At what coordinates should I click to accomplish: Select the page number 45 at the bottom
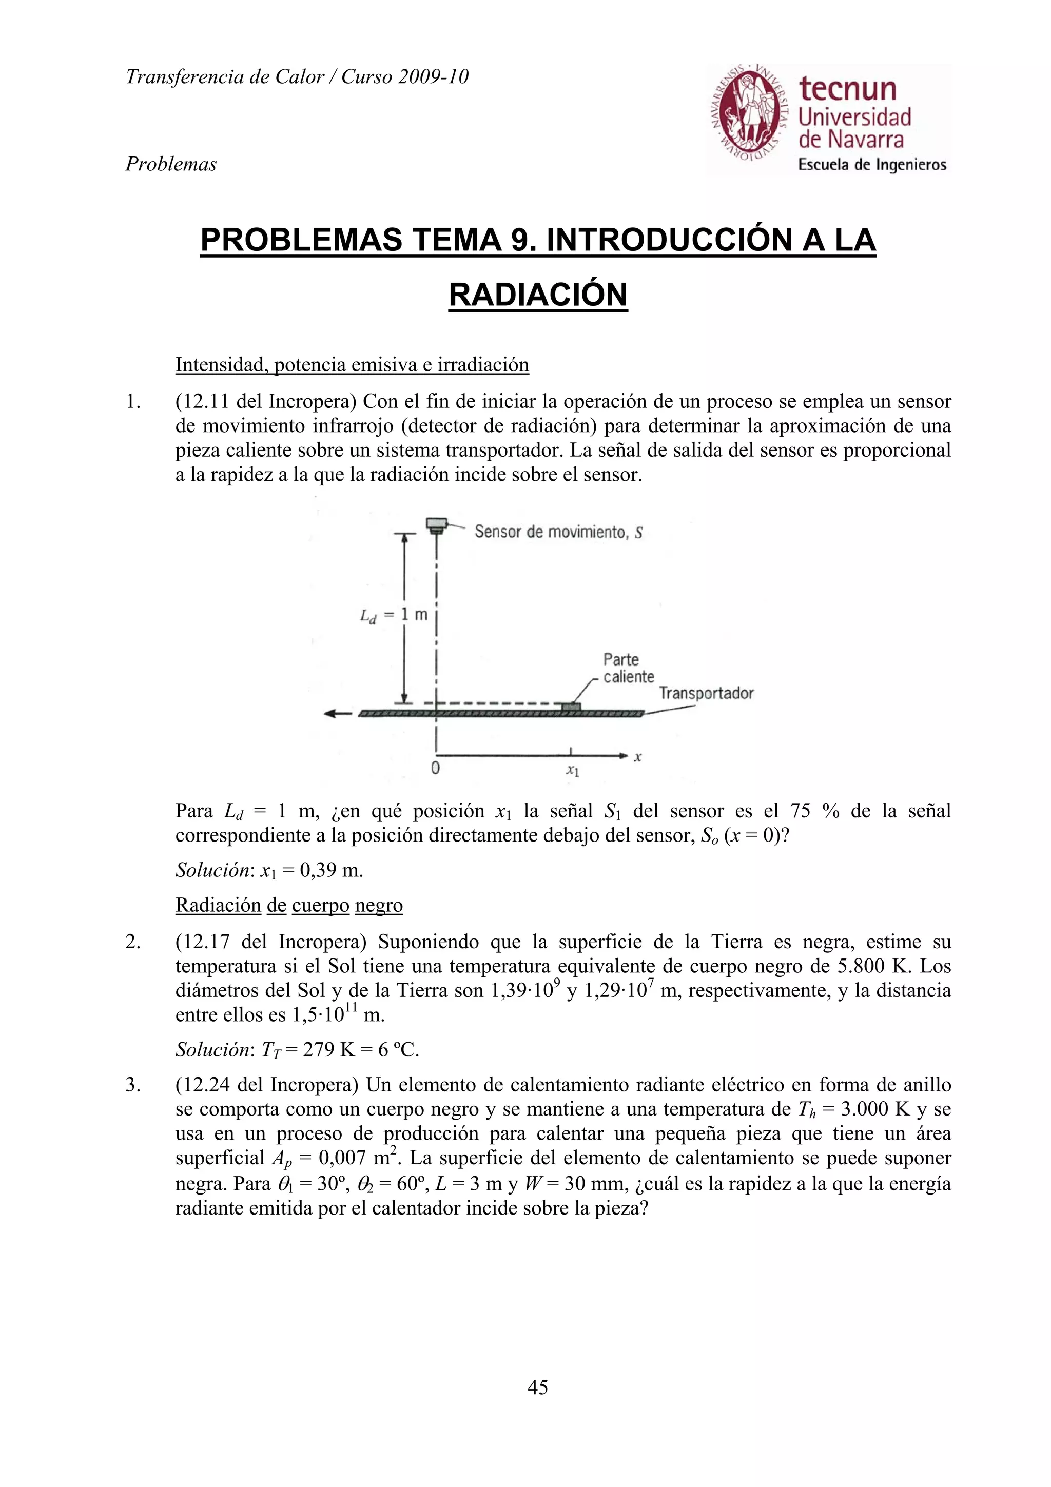click(x=537, y=1386)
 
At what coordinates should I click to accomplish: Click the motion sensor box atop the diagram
click(x=436, y=524)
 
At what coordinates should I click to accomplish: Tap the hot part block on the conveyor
click(x=571, y=707)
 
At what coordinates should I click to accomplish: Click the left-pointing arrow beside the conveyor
click(x=337, y=713)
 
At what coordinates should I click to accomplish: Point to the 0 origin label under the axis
click(x=435, y=769)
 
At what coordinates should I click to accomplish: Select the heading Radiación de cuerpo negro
click(x=289, y=906)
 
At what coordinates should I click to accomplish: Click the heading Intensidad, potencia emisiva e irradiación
click(x=352, y=365)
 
